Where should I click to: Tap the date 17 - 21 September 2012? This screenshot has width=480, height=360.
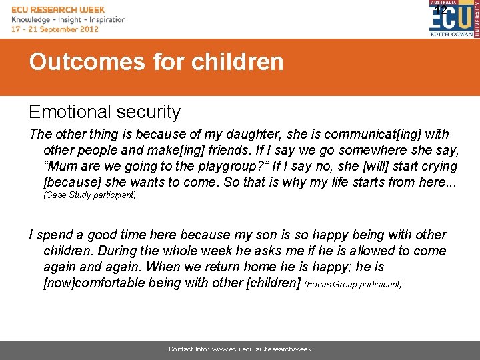pyautogui.click(x=55, y=29)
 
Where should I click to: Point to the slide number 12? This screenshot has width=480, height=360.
pyautogui.click(x=441, y=10)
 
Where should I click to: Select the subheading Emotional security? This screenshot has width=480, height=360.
pyautogui.click(x=105, y=112)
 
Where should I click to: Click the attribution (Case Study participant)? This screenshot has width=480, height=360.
pyautogui.click(x=91, y=196)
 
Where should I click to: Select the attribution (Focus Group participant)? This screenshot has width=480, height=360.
pyautogui.click(x=354, y=284)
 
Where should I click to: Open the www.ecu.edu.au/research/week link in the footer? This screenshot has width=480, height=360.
pyautogui.click(x=261, y=349)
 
